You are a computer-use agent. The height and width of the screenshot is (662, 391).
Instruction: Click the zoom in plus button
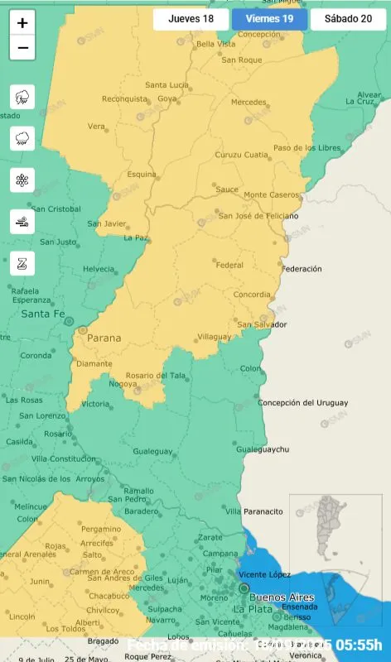[22, 23]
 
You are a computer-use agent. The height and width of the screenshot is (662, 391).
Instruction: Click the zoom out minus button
[22, 48]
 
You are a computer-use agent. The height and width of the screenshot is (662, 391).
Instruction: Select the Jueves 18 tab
[191, 19]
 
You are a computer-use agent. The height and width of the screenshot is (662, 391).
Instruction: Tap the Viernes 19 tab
[269, 19]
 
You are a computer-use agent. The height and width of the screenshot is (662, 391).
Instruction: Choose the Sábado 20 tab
[348, 19]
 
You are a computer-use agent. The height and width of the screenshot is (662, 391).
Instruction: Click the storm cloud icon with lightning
[22, 97]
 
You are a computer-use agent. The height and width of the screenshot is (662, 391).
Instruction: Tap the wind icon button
[22, 222]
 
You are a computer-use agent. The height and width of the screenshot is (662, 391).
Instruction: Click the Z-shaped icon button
[22, 265]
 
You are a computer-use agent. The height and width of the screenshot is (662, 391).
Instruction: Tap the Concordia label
[253, 295]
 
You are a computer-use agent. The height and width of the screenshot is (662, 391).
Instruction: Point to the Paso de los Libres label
[307, 148]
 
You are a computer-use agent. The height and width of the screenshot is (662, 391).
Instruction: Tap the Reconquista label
[123, 99]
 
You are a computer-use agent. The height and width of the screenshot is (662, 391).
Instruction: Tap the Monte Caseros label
[272, 194]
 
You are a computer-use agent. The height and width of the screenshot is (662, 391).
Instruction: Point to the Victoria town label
[94, 404]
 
